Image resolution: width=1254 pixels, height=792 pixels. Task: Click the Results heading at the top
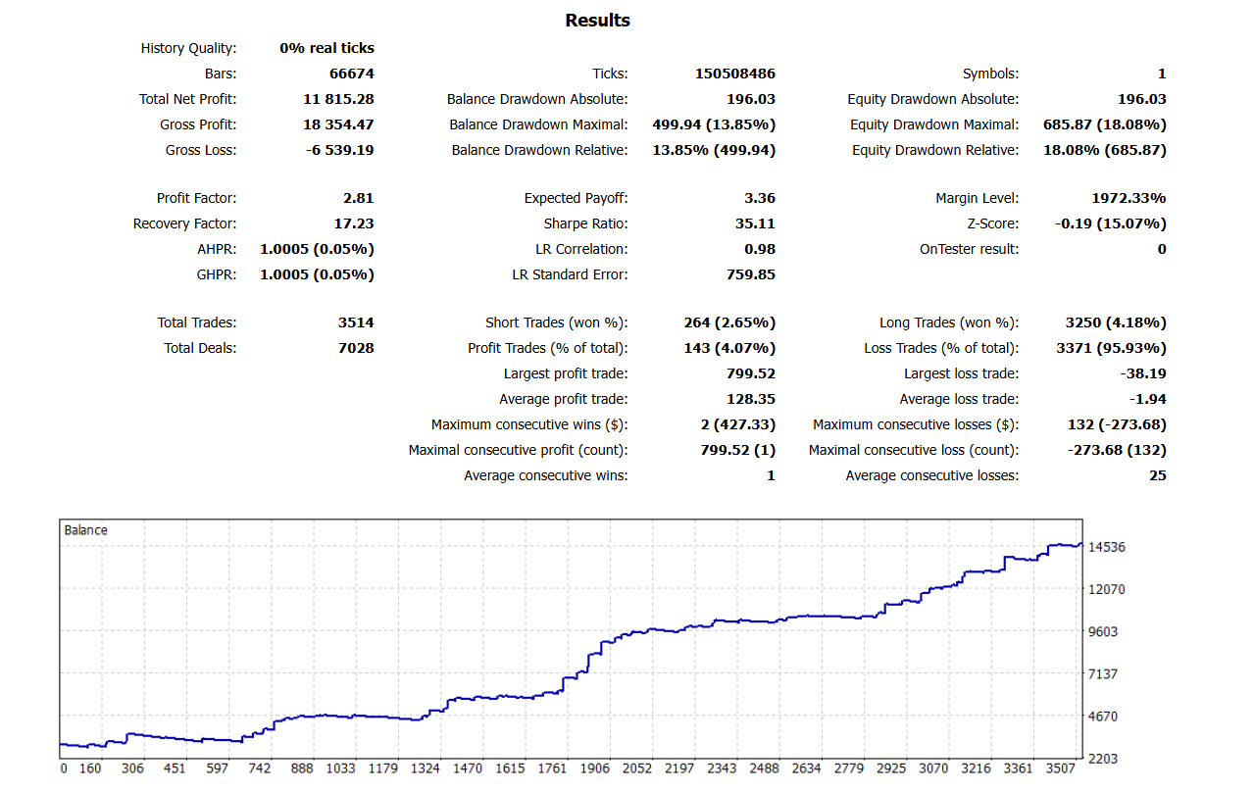pos(597,21)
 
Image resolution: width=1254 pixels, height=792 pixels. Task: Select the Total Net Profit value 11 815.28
pos(339,99)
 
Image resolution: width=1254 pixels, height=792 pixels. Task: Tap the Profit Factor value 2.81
pos(359,198)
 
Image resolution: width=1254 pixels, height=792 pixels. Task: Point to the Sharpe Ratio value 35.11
pos(756,223)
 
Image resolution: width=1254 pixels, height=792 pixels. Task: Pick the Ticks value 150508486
pos(735,74)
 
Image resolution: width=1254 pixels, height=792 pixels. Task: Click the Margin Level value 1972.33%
pos(1129,198)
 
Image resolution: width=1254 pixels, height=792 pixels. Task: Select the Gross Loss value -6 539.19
pos(338,150)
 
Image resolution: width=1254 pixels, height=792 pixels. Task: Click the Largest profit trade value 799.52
pos(752,373)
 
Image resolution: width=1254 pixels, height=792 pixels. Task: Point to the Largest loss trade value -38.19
pos(1143,373)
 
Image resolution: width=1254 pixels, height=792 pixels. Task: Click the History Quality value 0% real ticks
pos(326,48)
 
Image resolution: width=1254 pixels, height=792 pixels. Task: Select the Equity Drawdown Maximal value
pos(1107,124)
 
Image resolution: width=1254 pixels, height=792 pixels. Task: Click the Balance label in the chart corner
pos(86,530)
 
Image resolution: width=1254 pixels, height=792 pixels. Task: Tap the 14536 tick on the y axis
pos(1108,547)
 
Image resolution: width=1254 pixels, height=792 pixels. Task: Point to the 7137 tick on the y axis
pos(1105,674)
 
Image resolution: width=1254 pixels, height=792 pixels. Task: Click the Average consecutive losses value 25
pos(1157,475)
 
